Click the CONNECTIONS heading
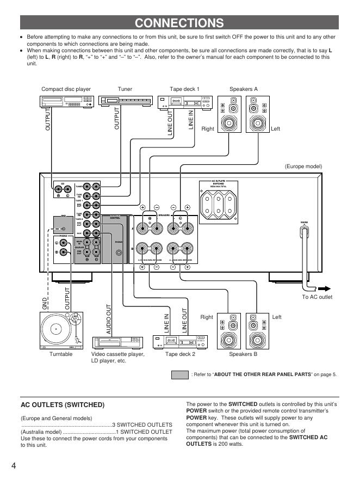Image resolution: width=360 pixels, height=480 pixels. pyautogui.click(x=179, y=22)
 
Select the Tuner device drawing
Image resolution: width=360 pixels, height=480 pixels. pyautogui.click(x=125, y=101)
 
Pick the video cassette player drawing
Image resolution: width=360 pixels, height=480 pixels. pyautogui.click(x=118, y=342)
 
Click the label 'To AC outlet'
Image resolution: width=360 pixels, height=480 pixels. pyautogui.click(x=316, y=297)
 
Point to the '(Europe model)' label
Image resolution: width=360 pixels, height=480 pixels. pyautogui.click(x=303, y=166)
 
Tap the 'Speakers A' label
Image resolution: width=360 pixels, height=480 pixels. pyautogui.click(x=243, y=89)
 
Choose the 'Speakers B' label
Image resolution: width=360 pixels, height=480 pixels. pyautogui.click(x=243, y=354)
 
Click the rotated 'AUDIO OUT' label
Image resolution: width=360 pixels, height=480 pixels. pyautogui.click(x=109, y=319)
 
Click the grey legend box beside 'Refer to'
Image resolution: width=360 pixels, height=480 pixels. pyautogui.click(x=179, y=374)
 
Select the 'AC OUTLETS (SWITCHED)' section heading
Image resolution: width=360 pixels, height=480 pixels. pyautogui.click(x=62, y=405)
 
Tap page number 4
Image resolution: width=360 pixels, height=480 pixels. pyautogui.click(x=12, y=466)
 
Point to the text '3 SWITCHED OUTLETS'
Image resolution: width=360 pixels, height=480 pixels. pyautogui.click(x=142, y=424)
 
